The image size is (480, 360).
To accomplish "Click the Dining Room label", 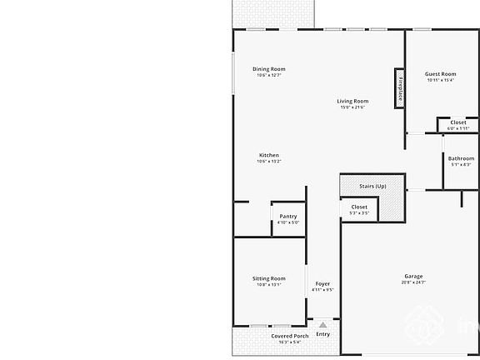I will [x=268, y=69].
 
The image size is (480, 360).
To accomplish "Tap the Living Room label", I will [x=352, y=102].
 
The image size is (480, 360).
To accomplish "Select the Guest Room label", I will [x=440, y=74].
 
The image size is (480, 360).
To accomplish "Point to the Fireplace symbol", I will [x=400, y=88].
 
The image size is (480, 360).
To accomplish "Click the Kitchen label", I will [x=268, y=155].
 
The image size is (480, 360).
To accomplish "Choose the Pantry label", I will [x=287, y=217].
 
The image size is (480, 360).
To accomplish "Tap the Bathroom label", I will [x=461, y=158].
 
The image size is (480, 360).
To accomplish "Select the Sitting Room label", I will [x=268, y=278].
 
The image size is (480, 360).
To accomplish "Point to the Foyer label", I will [x=322, y=284].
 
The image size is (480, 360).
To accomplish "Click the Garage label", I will [x=413, y=276].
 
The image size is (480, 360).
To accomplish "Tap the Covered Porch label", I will [x=289, y=336].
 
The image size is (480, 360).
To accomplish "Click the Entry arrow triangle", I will [x=322, y=322].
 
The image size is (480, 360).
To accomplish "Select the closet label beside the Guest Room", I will [x=458, y=122].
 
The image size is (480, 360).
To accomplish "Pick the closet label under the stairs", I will [x=359, y=207].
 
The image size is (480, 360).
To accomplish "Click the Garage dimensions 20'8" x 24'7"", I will [x=413, y=282].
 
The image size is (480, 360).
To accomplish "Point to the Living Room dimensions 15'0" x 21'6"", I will [x=352, y=107].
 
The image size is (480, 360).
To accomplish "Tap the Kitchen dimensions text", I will [x=268, y=161].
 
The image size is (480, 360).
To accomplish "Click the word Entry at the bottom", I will [x=322, y=334].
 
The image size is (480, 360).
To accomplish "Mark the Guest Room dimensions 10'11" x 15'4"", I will [x=440, y=80].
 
